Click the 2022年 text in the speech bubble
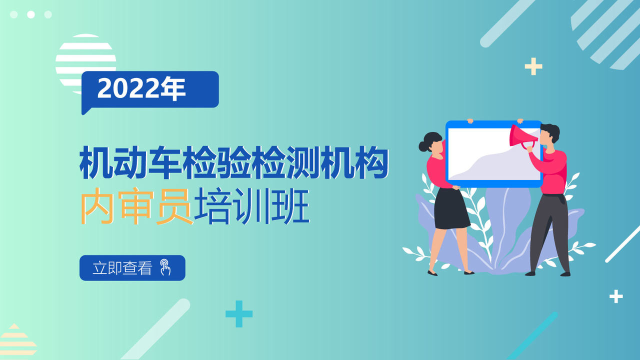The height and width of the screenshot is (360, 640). pos(141,88)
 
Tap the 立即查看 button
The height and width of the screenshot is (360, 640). pos(132,267)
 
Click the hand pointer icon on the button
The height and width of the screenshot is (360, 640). pos(165,267)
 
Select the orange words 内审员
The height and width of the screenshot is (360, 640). pos(136,205)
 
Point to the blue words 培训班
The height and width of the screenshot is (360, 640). pos(251,205)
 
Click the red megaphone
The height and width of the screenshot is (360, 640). pos(523,136)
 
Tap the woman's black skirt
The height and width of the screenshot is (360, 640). pos(451,208)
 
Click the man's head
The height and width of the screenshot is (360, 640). pos(549,134)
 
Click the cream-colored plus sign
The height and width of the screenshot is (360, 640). pos(533,66)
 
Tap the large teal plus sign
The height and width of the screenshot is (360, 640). pos(239,313)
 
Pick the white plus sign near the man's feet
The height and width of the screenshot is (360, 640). pos(616,296)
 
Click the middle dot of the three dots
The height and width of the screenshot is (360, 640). pos(31,14)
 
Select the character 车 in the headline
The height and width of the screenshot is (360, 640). pos(165,162)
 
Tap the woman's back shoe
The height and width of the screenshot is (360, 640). pos(432,273)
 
